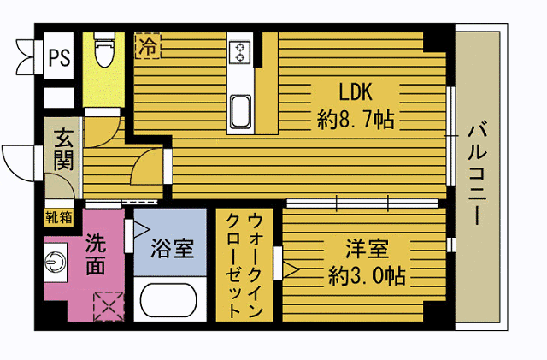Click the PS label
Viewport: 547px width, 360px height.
click(59, 58)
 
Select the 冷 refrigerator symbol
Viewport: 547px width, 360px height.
click(148, 45)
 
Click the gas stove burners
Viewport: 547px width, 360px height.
click(240, 52)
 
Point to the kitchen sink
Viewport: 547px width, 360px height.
click(240, 110)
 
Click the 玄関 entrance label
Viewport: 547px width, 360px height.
click(63, 148)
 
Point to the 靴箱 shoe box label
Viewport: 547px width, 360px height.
click(59, 216)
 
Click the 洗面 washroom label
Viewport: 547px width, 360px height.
click(96, 254)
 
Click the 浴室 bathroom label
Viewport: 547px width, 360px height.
click(172, 249)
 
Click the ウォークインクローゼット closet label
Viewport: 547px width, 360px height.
click(244, 264)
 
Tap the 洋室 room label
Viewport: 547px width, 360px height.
click(368, 251)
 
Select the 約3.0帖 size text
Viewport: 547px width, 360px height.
click(368, 276)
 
